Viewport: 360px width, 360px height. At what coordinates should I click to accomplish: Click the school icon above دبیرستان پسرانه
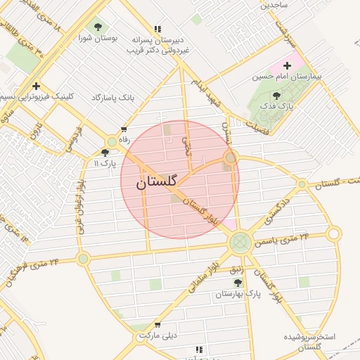[157, 29]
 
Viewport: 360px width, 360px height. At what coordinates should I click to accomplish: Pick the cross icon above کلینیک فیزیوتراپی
[36, 86]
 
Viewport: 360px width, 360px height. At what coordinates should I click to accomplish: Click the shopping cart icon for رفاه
[124, 129]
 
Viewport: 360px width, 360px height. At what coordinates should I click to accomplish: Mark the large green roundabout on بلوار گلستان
[240, 243]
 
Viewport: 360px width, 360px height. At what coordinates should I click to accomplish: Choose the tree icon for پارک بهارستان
[237, 282]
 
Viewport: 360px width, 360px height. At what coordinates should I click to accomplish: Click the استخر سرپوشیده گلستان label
[309, 342]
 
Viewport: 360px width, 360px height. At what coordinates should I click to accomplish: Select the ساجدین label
[275, 4]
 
